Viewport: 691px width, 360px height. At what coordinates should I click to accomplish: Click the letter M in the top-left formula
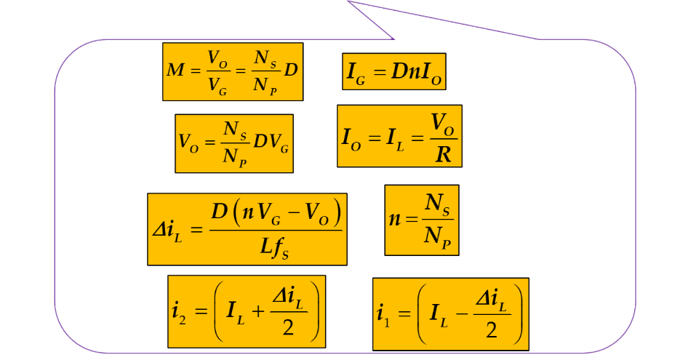coord(175,71)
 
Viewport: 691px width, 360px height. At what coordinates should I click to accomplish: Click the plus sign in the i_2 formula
coord(257,312)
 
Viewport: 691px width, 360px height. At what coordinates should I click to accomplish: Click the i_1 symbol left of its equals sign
coord(383,314)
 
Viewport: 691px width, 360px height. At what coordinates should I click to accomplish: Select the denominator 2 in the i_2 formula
coord(288,328)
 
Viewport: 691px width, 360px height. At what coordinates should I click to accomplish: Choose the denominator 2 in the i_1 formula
coord(492,330)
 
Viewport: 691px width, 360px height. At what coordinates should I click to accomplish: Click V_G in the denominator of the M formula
coord(217,87)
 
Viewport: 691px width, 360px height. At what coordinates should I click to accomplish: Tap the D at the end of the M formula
coord(291,71)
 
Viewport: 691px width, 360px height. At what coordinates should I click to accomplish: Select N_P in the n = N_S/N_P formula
coord(438,239)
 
